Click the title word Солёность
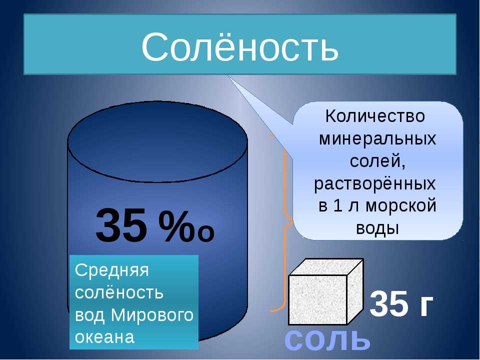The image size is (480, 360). (x=240, y=46)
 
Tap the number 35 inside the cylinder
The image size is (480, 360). (x=121, y=225)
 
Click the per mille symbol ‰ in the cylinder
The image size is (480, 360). (x=186, y=225)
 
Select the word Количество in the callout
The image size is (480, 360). (x=375, y=116)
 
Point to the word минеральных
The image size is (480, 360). (x=377, y=138)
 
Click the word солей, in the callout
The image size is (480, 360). (x=378, y=160)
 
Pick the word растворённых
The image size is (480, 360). (x=375, y=184)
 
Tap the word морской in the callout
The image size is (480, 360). (x=401, y=205)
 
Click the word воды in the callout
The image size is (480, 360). (x=378, y=228)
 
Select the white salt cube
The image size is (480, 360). (x=325, y=291)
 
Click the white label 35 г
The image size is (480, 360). (x=401, y=304)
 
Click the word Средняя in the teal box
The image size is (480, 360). (x=111, y=270)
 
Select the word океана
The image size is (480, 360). (x=104, y=337)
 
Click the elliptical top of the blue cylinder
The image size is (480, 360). (x=157, y=142)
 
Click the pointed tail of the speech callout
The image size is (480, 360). (x=228, y=76)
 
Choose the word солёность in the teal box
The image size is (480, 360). (x=119, y=292)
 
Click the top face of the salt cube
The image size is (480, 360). (x=326, y=267)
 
